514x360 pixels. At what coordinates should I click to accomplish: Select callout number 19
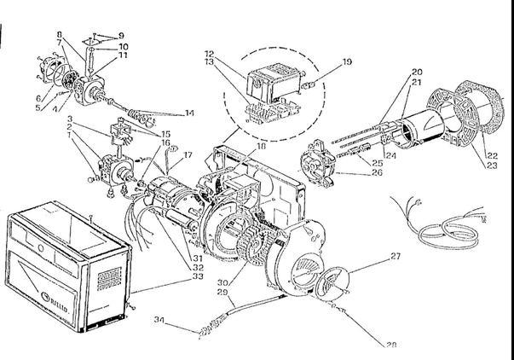(x=347, y=62)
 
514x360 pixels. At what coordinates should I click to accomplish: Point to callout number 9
(x=121, y=36)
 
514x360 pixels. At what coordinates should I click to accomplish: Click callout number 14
(x=189, y=113)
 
